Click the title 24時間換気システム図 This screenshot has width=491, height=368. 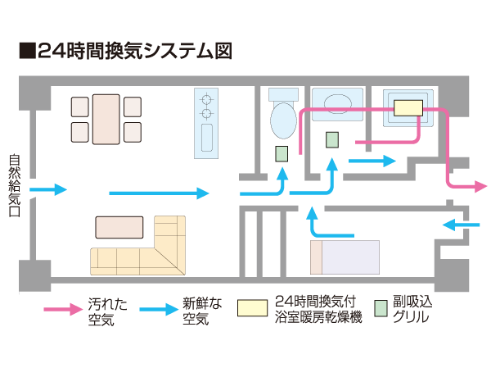[126, 51]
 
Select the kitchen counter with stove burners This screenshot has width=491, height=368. [205, 123]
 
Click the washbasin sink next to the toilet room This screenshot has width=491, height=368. [336, 103]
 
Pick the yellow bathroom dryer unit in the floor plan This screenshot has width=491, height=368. [408, 107]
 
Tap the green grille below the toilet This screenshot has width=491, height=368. [281, 153]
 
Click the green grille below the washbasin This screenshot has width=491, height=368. [332, 139]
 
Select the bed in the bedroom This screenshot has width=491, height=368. [344, 257]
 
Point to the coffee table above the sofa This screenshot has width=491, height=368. [119, 226]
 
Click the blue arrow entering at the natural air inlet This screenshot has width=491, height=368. [49, 190]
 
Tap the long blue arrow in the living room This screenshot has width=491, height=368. [160, 193]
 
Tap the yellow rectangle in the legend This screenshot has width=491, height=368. [252, 308]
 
